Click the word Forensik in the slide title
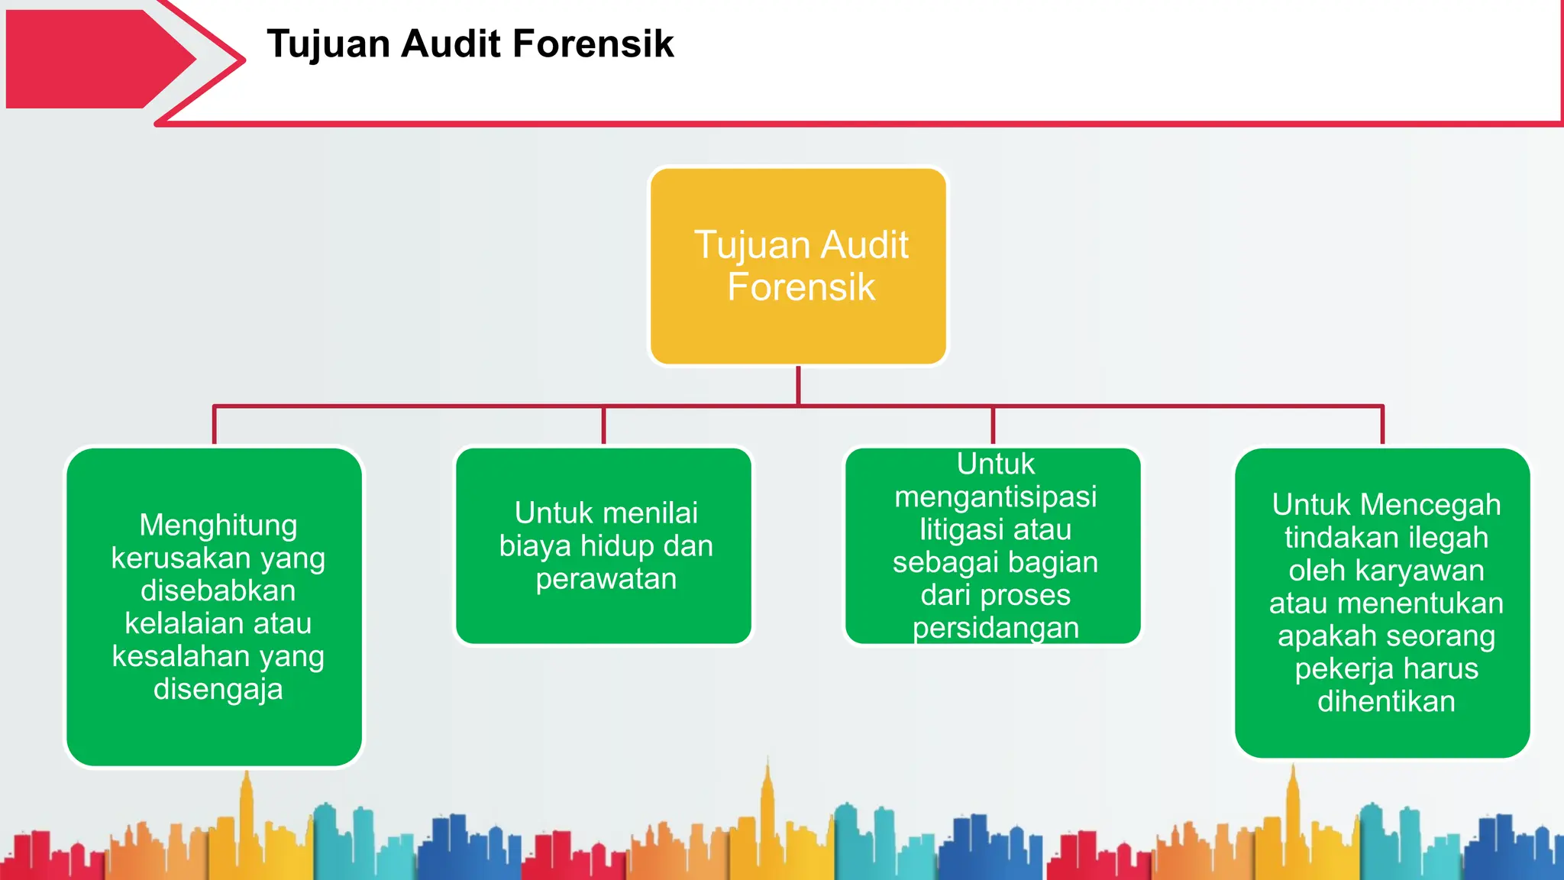coord(593,44)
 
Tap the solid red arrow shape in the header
coord(92,59)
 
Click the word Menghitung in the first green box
coord(218,526)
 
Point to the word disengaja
coord(218,690)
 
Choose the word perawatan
coord(606,579)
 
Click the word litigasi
coord(958,529)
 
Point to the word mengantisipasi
coord(996,497)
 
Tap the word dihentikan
coord(1386,701)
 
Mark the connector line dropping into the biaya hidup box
coord(603,425)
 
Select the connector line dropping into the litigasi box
coord(993,425)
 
